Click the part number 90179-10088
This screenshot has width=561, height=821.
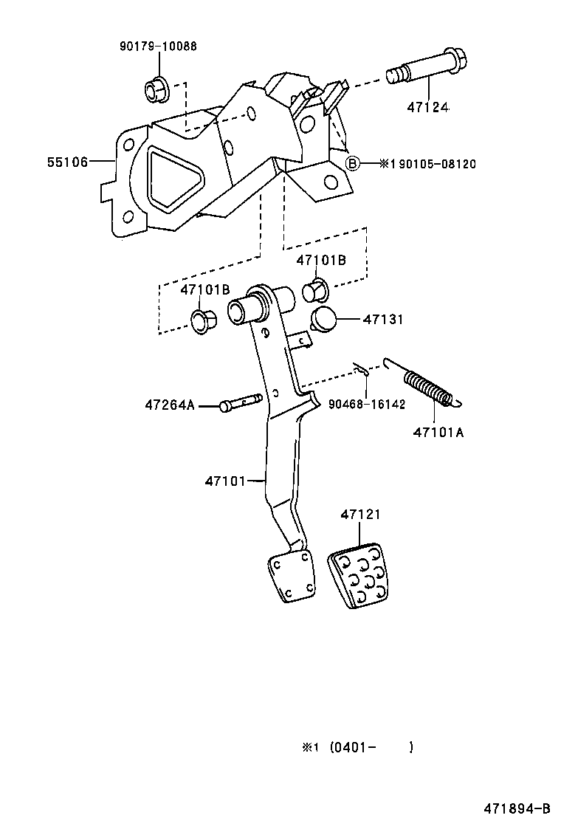tap(158, 47)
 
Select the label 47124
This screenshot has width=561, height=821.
tap(427, 108)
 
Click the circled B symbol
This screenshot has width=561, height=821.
tap(353, 163)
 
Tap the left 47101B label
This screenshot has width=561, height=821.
tap(205, 289)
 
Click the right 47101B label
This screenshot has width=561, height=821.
tap(321, 260)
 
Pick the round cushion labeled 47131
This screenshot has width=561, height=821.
tap(323, 320)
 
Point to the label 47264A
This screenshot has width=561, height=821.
tap(170, 405)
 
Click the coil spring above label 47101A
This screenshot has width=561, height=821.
tap(427, 387)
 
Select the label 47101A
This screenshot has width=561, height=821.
tap(438, 433)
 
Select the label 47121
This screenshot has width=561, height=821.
tap(361, 515)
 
